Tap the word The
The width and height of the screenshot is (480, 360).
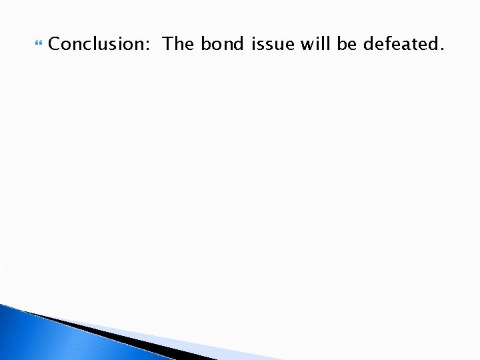(179, 45)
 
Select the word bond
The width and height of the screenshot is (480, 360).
(223, 45)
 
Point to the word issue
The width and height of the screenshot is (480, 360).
(274, 45)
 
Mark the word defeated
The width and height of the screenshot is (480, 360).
(401, 45)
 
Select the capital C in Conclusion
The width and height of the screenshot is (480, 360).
(55, 45)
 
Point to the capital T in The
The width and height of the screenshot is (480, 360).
(169, 45)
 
